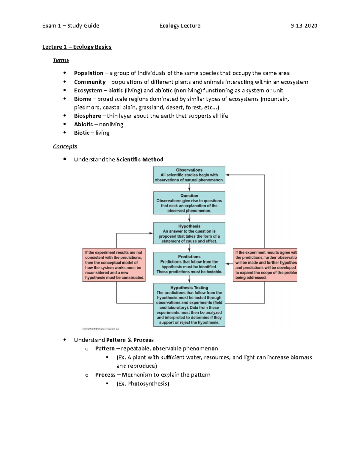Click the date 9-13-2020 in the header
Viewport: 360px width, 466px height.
coord(304,26)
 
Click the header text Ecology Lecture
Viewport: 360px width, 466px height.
coord(180,26)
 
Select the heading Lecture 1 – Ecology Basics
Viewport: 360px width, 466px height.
coord(77,47)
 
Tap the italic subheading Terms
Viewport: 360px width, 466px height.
coord(61,60)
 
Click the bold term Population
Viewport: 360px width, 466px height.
coord(88,73)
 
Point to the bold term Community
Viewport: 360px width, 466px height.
coord(90,82)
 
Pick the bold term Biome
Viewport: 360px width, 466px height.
coord(82,99)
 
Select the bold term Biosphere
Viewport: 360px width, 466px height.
coord(87,116)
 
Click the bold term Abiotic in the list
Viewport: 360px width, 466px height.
coord(83,124)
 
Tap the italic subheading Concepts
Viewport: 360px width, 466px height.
coord(65,146)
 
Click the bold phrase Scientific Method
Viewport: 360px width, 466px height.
coord(140,160)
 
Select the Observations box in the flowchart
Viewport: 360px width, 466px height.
coord(189,175)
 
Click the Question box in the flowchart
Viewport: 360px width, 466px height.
coord(189,203)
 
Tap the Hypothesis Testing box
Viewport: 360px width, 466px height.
coord(189,305)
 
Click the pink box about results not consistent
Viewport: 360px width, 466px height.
coord(114,265)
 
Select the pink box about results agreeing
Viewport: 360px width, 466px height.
coord(265,265)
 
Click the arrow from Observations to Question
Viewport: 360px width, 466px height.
coord(189,188)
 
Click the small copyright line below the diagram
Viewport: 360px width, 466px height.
coord(100,329)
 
